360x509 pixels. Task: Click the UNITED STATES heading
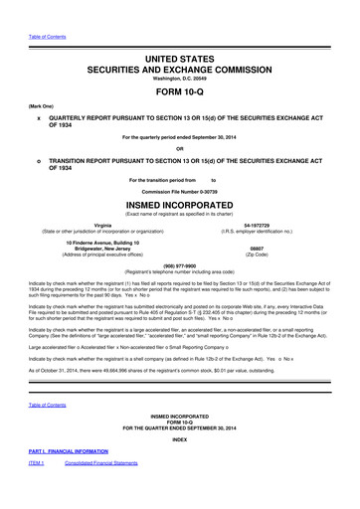coord(180,32)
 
